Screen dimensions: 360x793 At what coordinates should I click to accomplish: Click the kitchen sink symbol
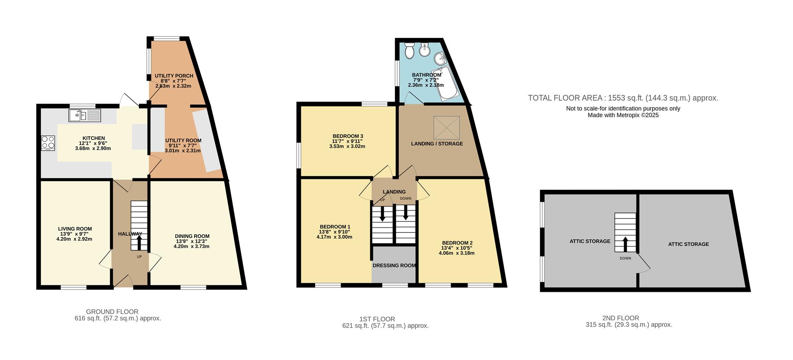85,115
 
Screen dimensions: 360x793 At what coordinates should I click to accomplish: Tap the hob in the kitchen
48,143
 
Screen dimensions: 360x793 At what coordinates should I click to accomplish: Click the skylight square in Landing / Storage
446,128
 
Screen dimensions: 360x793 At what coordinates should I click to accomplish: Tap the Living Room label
75,229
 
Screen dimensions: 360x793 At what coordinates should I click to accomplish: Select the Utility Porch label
174,76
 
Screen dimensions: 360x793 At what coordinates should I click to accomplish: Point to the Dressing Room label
394,265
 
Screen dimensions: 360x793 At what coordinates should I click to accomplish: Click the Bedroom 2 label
457,243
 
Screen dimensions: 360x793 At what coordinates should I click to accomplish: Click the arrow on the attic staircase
625,244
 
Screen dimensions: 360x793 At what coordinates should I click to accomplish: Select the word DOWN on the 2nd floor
625,258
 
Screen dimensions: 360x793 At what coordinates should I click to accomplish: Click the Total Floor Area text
623,98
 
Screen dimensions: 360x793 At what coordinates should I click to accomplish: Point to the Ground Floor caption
112,312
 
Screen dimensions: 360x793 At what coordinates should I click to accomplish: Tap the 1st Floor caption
377,319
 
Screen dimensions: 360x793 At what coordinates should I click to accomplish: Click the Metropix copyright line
623,116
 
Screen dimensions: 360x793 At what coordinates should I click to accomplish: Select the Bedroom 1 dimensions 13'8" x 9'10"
335,232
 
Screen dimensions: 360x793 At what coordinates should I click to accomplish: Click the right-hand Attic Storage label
688,244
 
